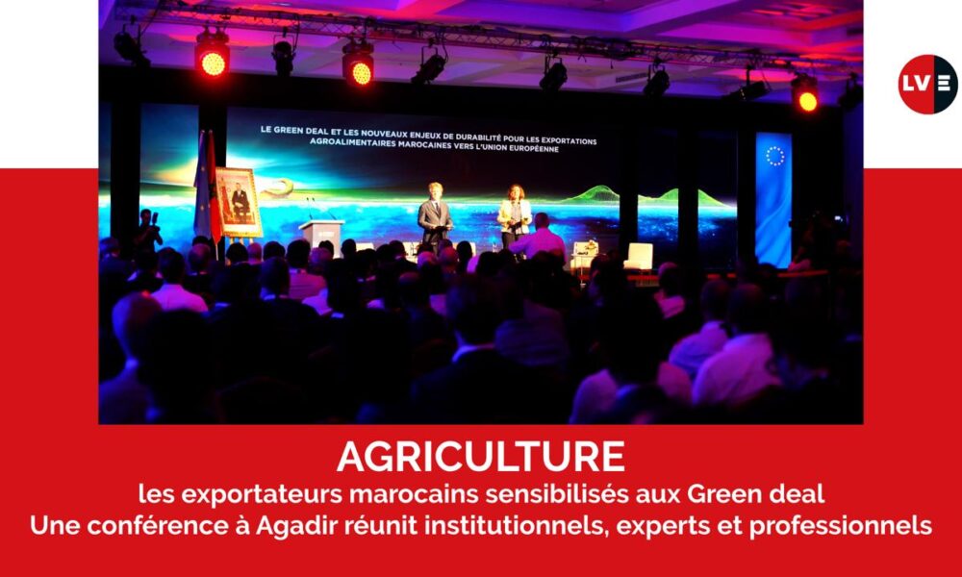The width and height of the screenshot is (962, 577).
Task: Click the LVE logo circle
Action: pos(927,84)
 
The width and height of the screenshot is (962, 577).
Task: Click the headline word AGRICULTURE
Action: pos(481,457)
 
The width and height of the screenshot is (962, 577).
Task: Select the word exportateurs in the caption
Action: pos(261,494)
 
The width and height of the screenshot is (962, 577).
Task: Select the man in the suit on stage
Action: pos(435,216)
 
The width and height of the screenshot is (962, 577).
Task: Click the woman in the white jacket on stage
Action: pos(514,215)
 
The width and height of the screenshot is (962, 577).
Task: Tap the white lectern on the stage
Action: pos(321,236)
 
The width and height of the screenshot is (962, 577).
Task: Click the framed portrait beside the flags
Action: pos(239,202)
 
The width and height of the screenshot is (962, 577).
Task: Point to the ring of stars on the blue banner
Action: pos(774,156)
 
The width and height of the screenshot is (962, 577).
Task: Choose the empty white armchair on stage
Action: pos(639,257)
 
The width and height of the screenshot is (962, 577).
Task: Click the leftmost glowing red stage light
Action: pos(213,63)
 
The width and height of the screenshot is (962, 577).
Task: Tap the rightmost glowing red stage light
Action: pos(807,101)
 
